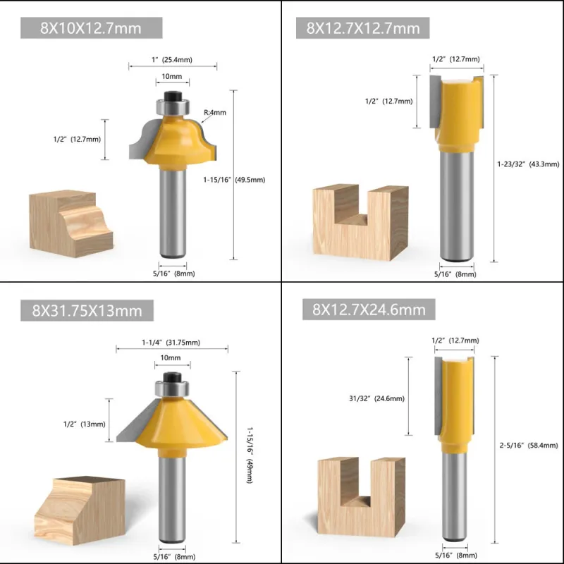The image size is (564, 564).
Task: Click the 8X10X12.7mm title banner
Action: pyautogui.click(x=92, y=27)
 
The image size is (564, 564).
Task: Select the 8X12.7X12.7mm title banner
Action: pyautogui.click(x=362, y=27)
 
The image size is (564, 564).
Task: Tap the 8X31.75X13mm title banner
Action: pyautogui.click(x=87, y=310)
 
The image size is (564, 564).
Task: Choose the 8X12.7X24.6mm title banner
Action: pyautogui.click(x=369, y=309)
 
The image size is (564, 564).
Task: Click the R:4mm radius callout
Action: pyautogui.click(x=215, y=113)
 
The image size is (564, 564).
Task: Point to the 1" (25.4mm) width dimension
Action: pyautogui.click(x=172, y=60)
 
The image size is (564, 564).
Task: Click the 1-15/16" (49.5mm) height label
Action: pyautogui.click(x=234, y=180)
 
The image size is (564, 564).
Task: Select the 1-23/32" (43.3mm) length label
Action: pyautogui.click(x=528, y=164)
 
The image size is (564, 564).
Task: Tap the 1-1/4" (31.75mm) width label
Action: pyautogui.click(x=171, y=343)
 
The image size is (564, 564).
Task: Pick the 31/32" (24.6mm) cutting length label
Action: pyautogui.click(x=376, y=398)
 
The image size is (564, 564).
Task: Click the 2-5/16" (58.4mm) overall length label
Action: pyautogui.click(x=529, y=446)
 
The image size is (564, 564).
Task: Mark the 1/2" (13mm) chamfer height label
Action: pyautogui.click(x=85, y=424)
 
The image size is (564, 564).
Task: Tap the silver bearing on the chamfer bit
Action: pyautogui.click(x=172, y=389)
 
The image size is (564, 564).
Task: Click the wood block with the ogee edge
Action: pyautogui.click(x=71, y=223)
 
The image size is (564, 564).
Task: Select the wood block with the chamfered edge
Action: pyautogui.click(x=80, y=510)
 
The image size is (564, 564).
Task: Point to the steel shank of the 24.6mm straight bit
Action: pyautogui.click(x=454, y=497)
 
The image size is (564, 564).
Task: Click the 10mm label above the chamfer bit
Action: pyautogui.click(x=171, y=358)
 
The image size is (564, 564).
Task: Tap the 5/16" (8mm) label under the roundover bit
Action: pyautogui.click(x=174, y=274)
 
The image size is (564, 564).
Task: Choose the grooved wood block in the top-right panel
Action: pyautogui.click(x=360, y=223)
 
